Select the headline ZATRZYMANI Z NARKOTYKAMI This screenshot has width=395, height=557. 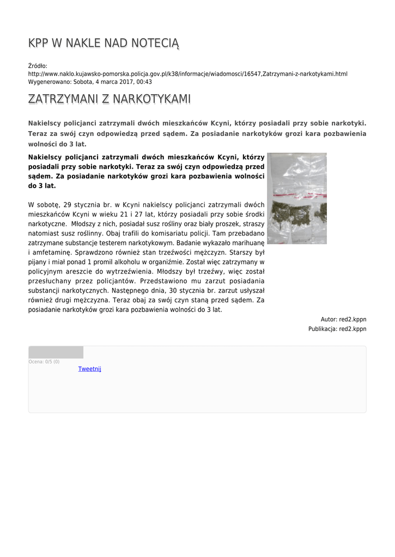(109, 100)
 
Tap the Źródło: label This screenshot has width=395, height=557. (38, 66)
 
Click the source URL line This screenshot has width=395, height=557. (187, 73)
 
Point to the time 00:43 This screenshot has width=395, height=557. (144, 82)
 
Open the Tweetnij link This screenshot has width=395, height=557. (89, 369)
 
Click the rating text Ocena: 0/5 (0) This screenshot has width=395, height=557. (44, 362)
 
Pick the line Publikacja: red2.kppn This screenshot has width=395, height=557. (337, 329)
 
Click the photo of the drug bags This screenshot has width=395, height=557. (296, 198)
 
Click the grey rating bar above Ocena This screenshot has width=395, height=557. (56, 352)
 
